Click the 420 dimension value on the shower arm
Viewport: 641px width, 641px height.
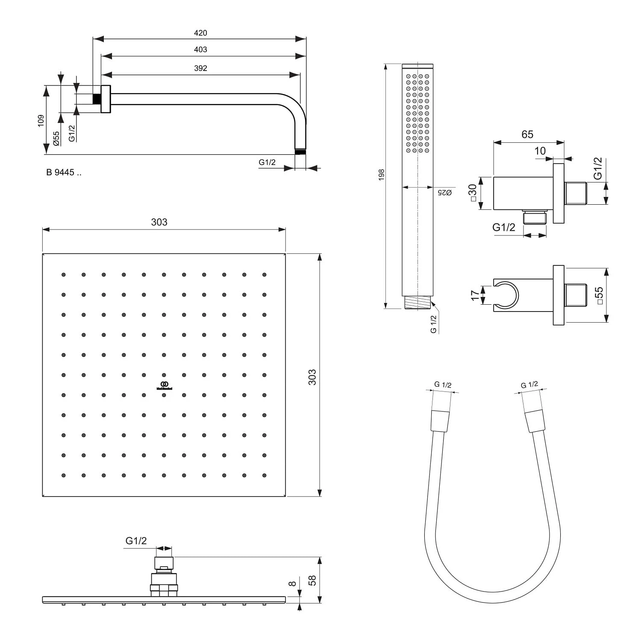200,33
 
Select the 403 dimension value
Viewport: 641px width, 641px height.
200,50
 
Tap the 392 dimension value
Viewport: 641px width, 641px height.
200,68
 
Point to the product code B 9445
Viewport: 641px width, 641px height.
64,173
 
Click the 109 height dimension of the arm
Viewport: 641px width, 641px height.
41,120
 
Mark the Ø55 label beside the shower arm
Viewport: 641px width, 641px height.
56,138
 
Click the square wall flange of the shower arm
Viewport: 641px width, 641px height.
106,99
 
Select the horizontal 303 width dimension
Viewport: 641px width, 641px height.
159,222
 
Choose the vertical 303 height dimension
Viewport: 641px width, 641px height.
312,377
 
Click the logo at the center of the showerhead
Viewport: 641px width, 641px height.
164,385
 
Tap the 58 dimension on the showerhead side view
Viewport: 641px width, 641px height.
312,580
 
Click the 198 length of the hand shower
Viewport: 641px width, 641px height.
382,174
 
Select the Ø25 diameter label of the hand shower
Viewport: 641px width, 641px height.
445,193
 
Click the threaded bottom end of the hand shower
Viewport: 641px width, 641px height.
418,302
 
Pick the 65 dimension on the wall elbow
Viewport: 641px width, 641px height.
527,134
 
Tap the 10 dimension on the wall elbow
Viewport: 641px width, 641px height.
540,151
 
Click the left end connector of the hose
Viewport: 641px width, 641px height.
440,421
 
